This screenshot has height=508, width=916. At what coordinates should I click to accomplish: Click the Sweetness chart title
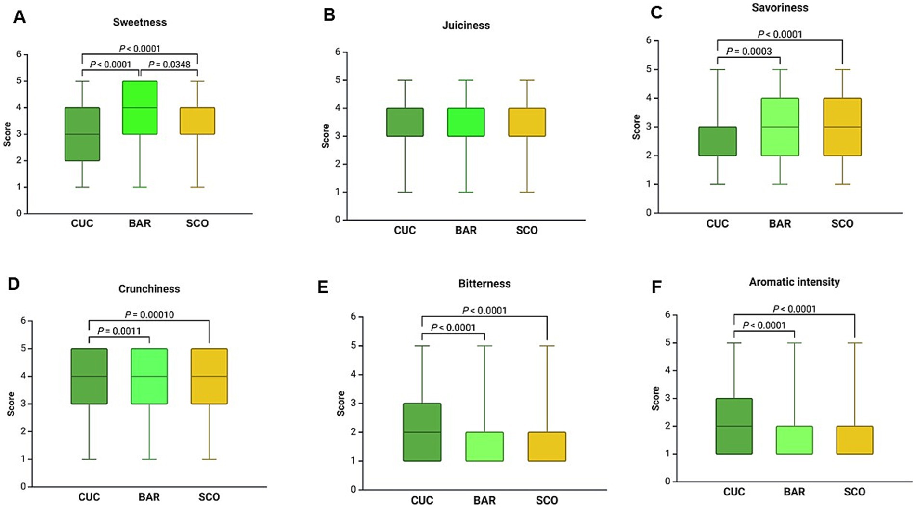pyautogui.click(x=140, y=22)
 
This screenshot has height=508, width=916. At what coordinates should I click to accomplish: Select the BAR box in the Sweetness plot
pyautogui.click(x=140, y=107)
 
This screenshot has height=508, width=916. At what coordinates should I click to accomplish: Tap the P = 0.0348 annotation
pyautogui.click(x=169, y=64)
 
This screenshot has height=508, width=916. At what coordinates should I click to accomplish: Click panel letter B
pyautogui.click(x=329, y=15)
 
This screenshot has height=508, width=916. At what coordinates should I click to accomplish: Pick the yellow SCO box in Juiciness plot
pyautogui.click(x=527, y=122)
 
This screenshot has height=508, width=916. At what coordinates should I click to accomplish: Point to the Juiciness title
pyautogui.click(x=466, y=26)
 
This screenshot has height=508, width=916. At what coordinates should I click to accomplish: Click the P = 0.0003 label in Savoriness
pyautogui.click(x=749, y=51)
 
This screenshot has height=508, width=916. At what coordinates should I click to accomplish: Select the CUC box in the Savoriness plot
pyautogui.click(x=718, y=141)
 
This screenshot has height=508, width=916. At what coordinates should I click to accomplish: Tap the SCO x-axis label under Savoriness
pyautogui.click(x=842, y=224)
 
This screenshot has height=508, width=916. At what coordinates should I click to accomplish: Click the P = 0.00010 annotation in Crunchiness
pyautogui.click(x=149, y=314)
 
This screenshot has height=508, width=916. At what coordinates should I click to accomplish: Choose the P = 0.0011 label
pyautogui.click(x=119, y=331)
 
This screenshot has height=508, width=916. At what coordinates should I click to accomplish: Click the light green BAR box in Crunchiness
pyautogui.click(x=149, y=376)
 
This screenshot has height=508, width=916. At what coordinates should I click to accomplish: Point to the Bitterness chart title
pyautogui.click(x=484, y=284)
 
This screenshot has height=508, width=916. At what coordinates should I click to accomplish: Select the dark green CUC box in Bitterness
pyautogui.click(x=422, y=432)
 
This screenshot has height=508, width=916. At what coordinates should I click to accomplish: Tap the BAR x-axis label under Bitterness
pyautogui.click(x=484, y=500)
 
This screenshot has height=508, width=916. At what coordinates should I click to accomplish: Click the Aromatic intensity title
pyautogui.click(x=794, y=282)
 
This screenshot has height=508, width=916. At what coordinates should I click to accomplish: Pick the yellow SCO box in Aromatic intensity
pyautogui.click(x=854, y=440)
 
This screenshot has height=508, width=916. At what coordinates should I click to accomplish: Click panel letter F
pyautogui.click(x=656, y=287)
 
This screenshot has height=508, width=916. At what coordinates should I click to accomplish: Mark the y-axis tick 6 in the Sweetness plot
pyautogui.click(x=19, y=54)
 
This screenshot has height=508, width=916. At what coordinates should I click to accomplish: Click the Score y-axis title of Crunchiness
pyautogui.click(x=11, y=404)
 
